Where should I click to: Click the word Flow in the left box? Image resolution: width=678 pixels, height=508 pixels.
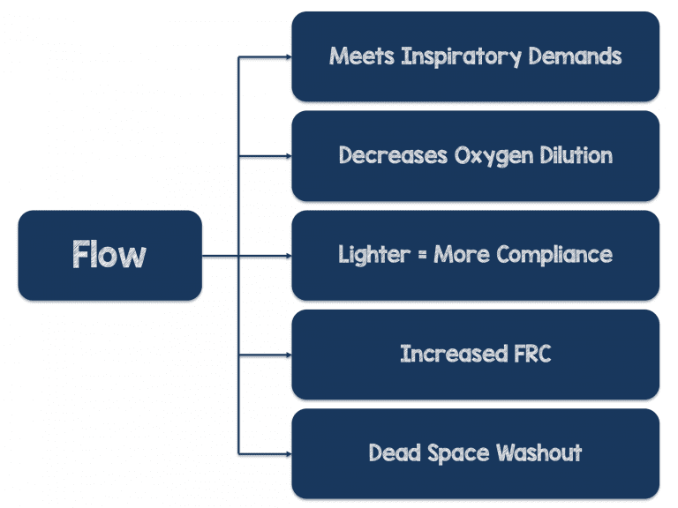[x=109, y=255]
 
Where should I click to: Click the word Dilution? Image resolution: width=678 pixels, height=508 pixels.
[x=573, y=156]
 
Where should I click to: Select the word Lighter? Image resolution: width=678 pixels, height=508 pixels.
[x=370, y=255]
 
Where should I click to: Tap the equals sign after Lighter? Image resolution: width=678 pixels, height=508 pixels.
[x=416, y=256]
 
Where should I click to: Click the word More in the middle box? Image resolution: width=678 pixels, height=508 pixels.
[x=457, y=255]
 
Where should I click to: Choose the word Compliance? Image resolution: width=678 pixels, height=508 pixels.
[x=554, y=256]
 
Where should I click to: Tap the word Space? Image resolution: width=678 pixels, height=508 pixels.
[x=457, y=454]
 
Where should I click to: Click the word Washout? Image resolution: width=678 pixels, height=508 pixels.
[x=539, y=454]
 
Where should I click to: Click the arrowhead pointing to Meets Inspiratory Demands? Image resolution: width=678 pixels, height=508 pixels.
[x=287, y=57]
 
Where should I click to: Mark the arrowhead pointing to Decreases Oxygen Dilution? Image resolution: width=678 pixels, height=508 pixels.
[x=287, y=157]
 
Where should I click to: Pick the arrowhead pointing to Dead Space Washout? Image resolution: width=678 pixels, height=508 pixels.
[x=287, y=454]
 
